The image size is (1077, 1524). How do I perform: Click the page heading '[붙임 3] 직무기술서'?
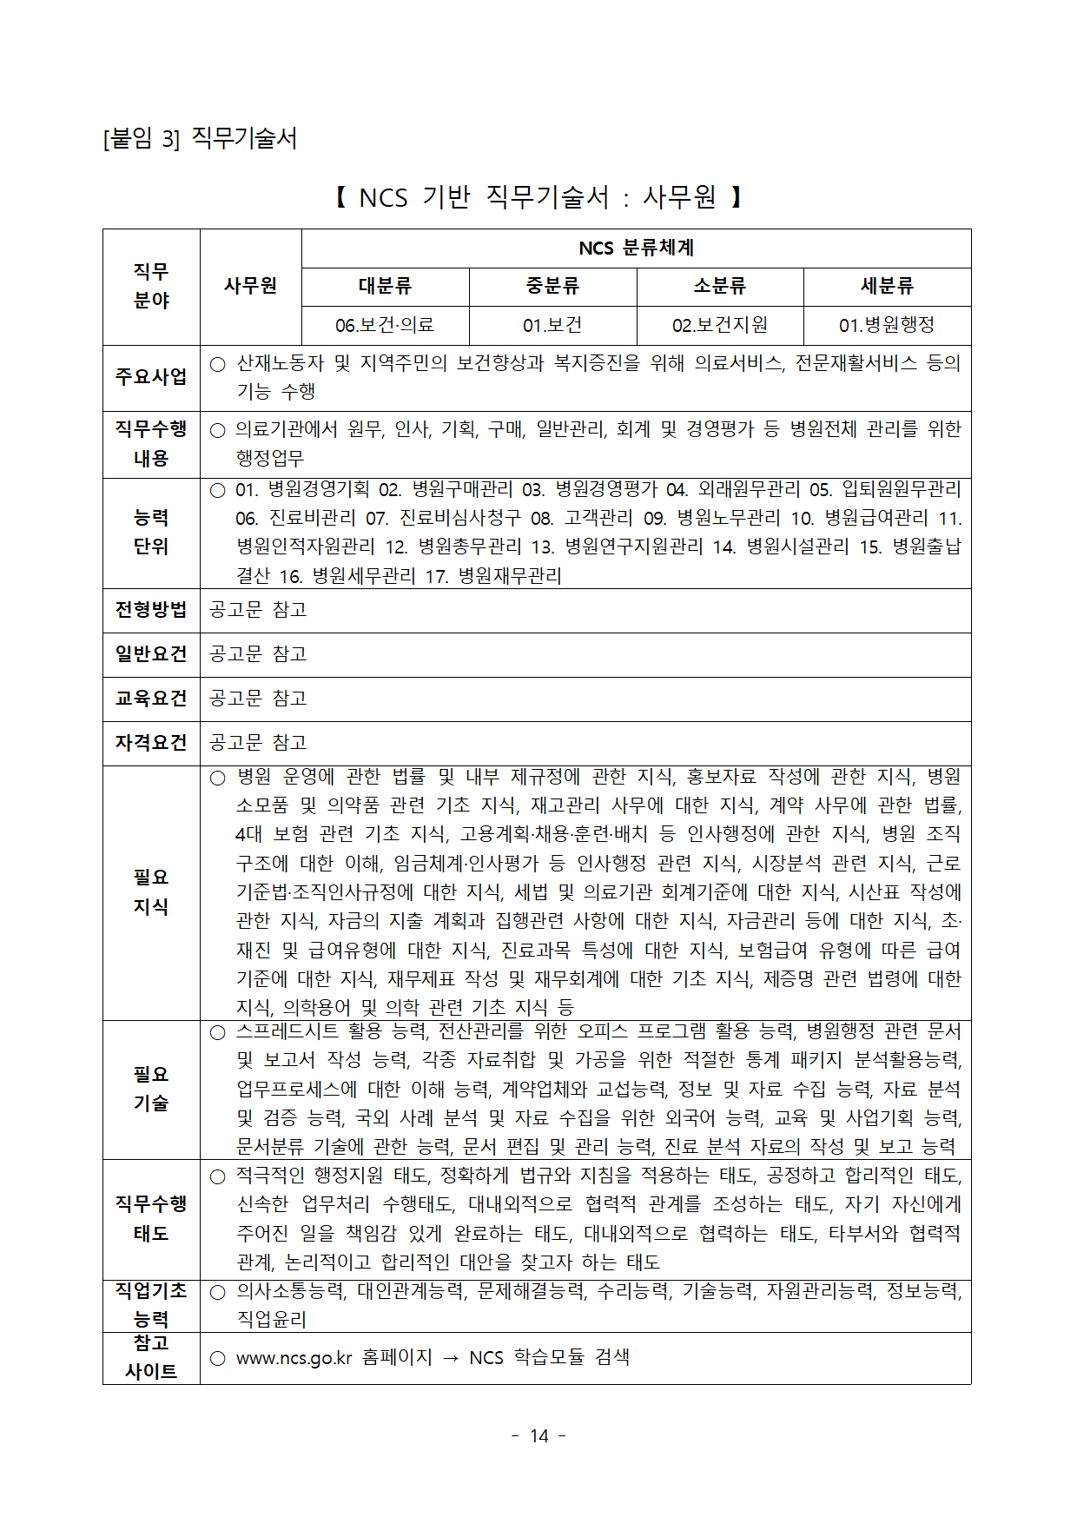(200, 138)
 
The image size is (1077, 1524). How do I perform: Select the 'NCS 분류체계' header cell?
(636, 248)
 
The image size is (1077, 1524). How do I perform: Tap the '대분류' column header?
(385, 287)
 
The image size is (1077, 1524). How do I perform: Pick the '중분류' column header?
(552, 287)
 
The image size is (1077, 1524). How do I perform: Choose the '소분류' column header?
(720, 287)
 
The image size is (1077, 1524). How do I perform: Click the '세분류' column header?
(887, 287)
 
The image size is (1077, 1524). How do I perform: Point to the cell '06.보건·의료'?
(385, 326)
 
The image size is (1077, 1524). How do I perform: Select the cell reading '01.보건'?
(552, 326)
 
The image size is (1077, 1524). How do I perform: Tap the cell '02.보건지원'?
(720, 326)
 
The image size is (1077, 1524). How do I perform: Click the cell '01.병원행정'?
(887, 326)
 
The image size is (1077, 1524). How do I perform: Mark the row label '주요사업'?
(151, 377)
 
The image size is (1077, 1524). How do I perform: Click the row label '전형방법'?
(151, 610)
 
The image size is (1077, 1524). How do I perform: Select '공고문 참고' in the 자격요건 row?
(259, 743)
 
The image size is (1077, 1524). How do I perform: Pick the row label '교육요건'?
(151, 699)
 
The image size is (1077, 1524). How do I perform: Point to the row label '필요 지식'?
(151, 892)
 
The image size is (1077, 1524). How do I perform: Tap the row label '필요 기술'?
(151, 1089)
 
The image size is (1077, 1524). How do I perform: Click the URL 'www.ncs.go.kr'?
(294, 1358)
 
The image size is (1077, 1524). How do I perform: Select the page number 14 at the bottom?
(539, 1436)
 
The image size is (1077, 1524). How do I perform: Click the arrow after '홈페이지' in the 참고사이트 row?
(450, 1358)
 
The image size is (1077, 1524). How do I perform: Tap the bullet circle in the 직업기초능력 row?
(218, 1293)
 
